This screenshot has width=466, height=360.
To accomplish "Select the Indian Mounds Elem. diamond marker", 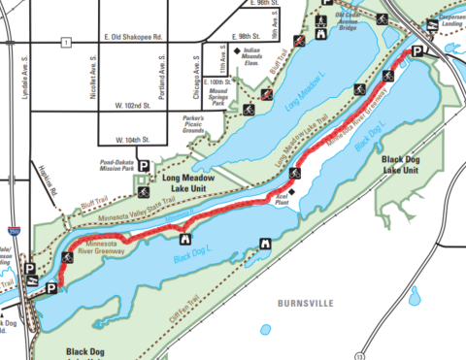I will pos(237,49).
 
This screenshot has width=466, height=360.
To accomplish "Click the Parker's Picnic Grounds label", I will pos(198,123).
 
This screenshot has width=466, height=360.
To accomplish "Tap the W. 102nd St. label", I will pos(132,104).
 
